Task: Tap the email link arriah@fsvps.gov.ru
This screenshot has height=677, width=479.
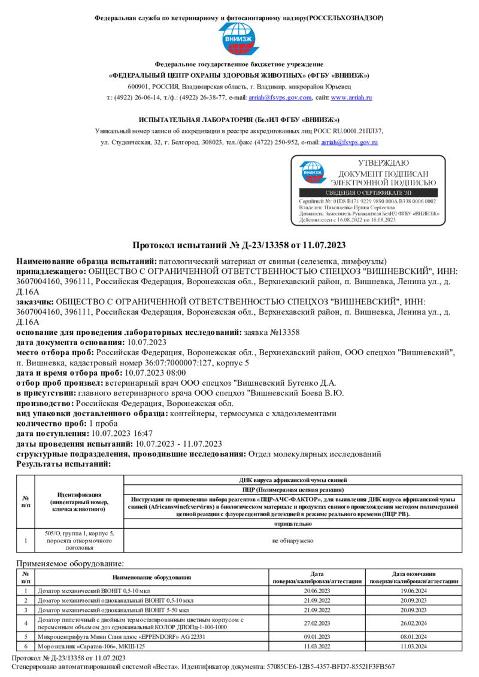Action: (x=350, y=142)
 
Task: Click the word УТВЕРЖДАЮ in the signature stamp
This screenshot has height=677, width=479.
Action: (x=383, y=163)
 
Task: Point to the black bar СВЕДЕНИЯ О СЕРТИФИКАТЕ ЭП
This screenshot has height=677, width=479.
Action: (x=368, y=193)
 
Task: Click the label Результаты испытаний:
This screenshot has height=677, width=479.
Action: (x=63, y=463)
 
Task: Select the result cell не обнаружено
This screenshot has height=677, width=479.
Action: (x=293, y=540)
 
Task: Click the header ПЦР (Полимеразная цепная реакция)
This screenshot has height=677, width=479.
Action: (x=293, y=489)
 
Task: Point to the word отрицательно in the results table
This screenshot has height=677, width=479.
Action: (x=293, y=523)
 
